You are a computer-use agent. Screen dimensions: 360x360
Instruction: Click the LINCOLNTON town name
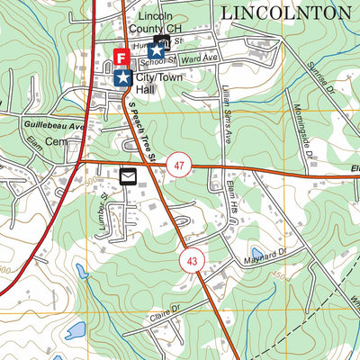(x=285, y=12)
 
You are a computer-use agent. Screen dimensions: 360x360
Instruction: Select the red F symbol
(x=121, y=58)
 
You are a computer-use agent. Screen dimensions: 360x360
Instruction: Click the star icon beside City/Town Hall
(x=121, y=78)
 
